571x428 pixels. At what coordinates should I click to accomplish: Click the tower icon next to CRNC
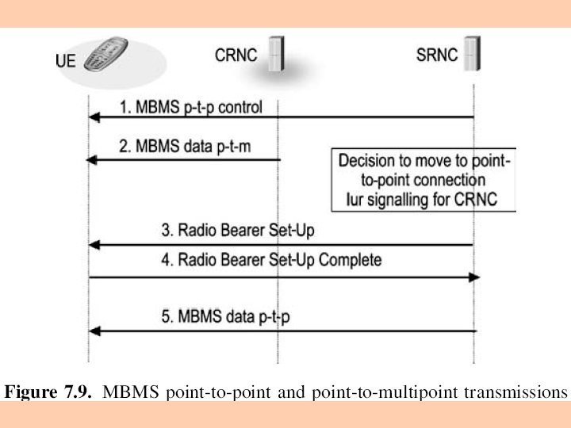coord(277,55)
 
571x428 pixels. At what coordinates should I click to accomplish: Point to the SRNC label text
coord(437,55)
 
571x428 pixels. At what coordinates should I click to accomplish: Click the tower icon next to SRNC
coord(474,54)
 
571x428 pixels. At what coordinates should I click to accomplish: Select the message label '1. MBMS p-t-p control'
coord(191,106)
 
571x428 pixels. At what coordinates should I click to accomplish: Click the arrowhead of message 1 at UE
coord(93,117)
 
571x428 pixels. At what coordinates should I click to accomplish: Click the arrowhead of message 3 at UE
coord(93,245)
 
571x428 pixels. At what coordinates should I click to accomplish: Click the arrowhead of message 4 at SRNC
coord(474,277)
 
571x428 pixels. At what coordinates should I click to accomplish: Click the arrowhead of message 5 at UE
coord(93,331)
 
